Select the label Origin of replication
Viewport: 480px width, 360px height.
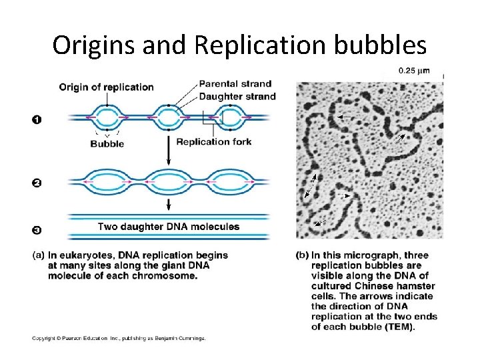point(106,87)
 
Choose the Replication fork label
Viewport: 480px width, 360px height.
point(213,141)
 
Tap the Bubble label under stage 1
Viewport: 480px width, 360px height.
point(107,143)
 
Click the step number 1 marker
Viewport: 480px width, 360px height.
point(36,119)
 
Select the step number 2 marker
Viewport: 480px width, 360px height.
point(36,183)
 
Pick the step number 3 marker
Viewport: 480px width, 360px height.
point(36,231)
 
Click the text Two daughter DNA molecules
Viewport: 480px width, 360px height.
point(169,227)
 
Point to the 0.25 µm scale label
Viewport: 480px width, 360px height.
point(414,71)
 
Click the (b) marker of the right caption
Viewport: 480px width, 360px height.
point(302,255)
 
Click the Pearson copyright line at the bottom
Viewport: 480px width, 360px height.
point(119,338)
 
